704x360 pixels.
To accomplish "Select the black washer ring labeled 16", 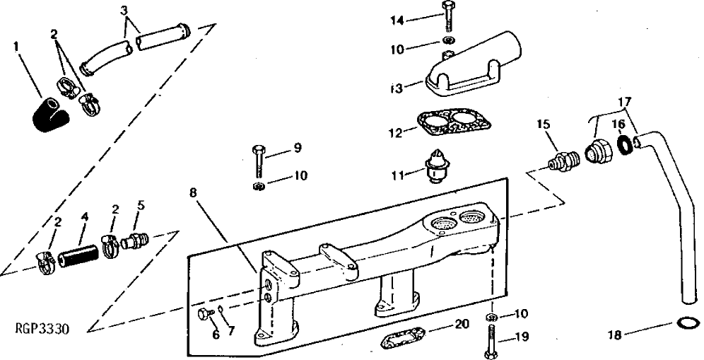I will pos(625,146).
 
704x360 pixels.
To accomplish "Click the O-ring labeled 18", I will pos(684,325).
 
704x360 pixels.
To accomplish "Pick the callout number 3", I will pos(124,11).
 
